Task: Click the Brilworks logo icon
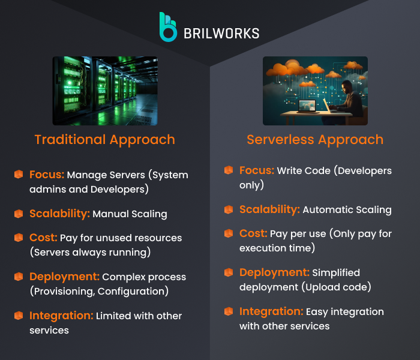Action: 168,28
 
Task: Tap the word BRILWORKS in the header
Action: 221,33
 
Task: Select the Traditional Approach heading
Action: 104,140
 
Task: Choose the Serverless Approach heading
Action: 315,140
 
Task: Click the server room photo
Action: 105,91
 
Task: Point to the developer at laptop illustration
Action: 315,91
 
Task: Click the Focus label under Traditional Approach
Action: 47,175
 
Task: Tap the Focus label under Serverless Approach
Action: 257,170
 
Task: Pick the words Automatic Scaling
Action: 347,210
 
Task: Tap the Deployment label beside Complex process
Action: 64,277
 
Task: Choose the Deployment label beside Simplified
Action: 274,272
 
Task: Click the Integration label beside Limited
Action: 61,316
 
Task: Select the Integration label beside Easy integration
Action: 271,311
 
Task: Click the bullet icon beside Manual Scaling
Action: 19,214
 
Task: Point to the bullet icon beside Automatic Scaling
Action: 229,209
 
